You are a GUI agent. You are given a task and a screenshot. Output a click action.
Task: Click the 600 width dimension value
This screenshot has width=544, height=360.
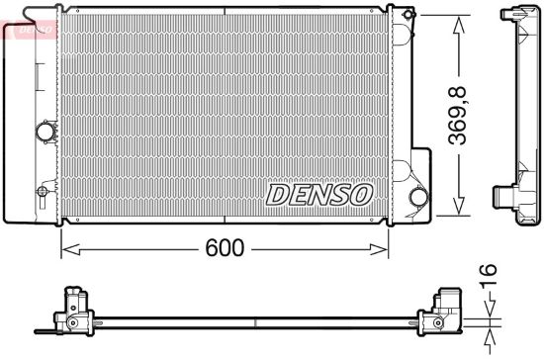(x=225, y=247)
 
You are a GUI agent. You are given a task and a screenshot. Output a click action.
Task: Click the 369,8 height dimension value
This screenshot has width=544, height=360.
(x=457, y=116)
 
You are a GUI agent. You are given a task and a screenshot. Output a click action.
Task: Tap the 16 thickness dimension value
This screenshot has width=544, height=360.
(x=488, y=276)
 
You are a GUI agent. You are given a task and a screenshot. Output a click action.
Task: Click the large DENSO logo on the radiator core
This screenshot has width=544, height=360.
(x=319, y=195)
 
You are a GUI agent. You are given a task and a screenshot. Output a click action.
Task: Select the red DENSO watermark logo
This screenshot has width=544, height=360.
(x=30, y=29)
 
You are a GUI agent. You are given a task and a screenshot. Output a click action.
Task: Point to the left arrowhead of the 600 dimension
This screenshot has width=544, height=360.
(x=70, y=249)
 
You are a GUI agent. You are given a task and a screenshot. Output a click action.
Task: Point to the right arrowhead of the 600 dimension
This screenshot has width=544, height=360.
(x=379, y=249)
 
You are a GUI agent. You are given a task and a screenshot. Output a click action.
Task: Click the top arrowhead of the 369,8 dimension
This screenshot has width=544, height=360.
(x=459, y=25)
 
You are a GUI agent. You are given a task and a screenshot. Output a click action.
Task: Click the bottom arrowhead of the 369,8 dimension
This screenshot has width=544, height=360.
(x=459, y=206)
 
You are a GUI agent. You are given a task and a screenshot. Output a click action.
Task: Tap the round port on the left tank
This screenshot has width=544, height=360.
(x=45, y=132)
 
